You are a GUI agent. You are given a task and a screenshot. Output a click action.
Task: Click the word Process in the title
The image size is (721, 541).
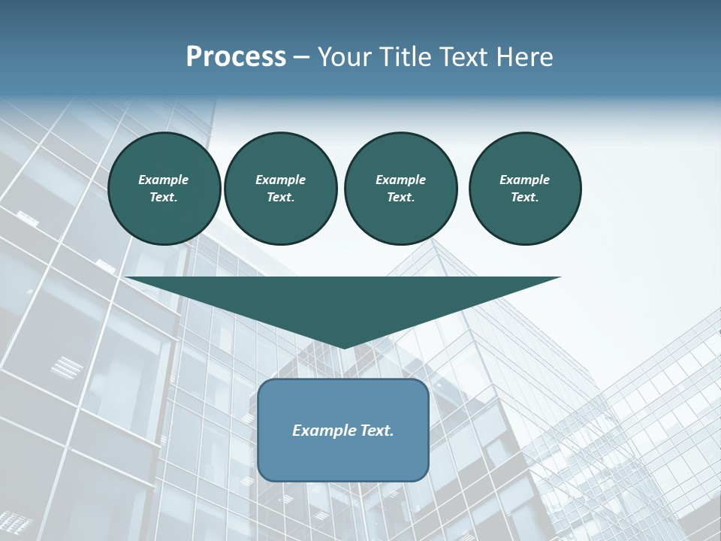(236, 57)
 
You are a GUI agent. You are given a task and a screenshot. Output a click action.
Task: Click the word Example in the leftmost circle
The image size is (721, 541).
(164, 180)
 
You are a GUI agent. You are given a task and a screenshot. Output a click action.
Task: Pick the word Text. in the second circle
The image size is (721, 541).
(280, 198)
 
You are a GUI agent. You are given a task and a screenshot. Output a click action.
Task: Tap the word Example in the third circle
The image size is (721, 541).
(400, 180)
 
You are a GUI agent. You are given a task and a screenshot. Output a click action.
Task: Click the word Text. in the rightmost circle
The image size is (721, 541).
(525, 198)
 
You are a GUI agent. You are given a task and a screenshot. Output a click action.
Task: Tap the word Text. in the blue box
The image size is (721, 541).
(377, 431)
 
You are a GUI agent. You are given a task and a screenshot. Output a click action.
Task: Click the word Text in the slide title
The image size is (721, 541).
(464, 57)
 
